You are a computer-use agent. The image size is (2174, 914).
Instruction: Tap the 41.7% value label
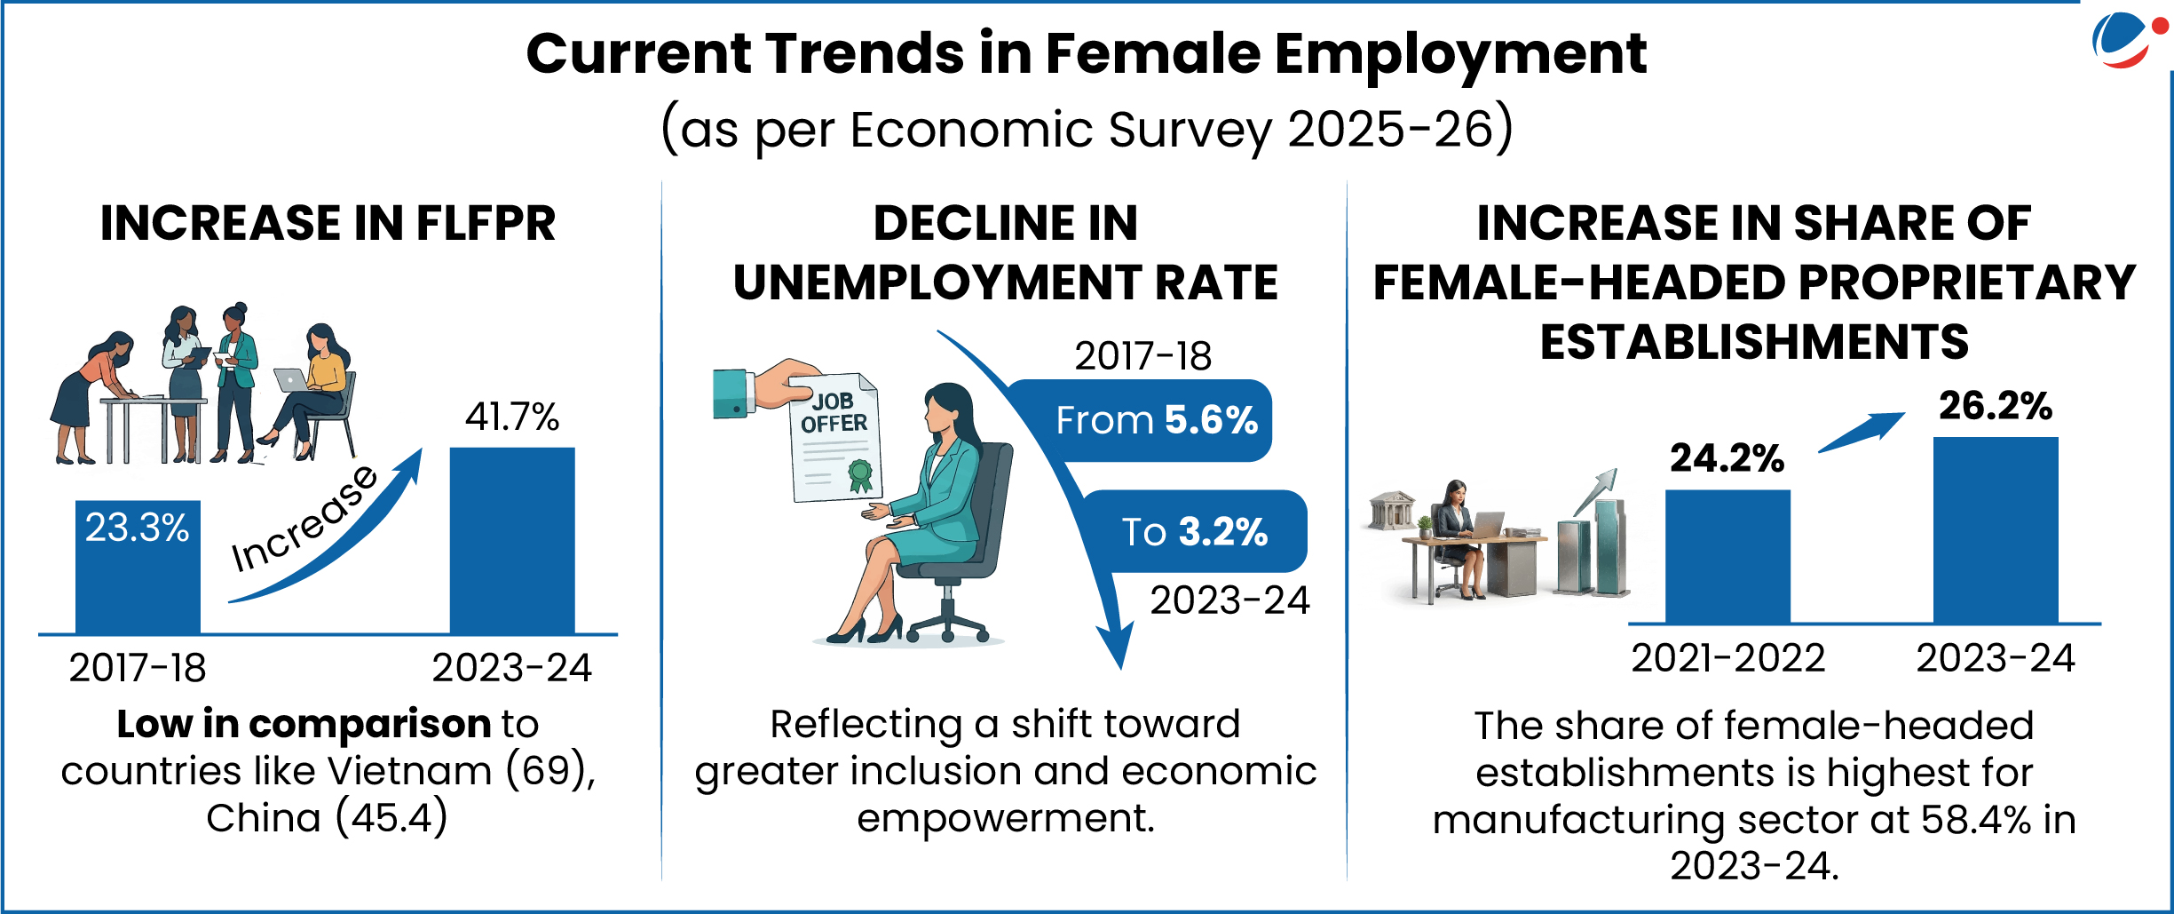(512, 417)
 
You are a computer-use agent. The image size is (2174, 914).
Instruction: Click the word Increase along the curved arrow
(304, 520)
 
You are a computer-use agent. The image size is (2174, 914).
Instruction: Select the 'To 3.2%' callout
(1194, 531)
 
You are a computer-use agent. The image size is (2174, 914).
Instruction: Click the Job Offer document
(834, 440)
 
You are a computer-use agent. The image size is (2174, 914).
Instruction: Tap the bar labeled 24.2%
(1727, 556)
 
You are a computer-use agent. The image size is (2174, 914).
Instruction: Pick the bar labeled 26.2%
(1995, 529)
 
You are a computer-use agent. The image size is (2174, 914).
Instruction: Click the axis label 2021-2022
(1727, 658)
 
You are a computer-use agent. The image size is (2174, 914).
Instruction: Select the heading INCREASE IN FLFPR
(328, 223)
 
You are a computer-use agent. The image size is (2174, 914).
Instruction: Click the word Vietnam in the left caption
(428, 770)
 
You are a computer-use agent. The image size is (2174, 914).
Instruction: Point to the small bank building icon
(1392, 510)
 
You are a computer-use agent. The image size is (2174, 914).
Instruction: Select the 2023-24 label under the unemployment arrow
(1229, 600)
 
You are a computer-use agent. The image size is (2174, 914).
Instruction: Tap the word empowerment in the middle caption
(1006, 818)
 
